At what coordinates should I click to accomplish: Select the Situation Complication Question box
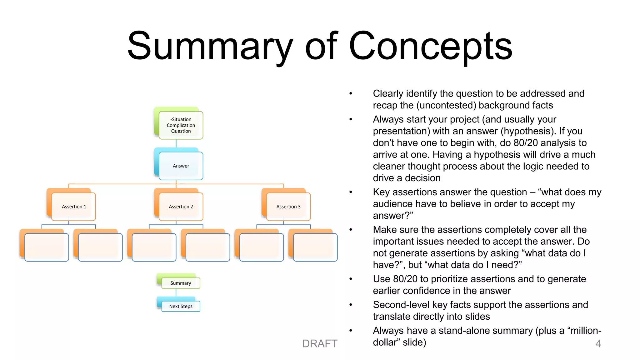point(181,125)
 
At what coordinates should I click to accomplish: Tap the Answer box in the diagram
point(181,166)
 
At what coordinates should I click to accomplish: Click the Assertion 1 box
point(74,207)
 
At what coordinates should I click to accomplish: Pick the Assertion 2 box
point(181,207)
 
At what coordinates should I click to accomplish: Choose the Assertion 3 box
point(288,207)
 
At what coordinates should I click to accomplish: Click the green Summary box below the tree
point(181,283)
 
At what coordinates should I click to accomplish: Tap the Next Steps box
point(181,306)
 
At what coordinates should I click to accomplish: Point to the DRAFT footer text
point(320,344)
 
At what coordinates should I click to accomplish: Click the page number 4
point(598,344)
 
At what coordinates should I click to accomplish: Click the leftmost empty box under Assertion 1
point(46,247)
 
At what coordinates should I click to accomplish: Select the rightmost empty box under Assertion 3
point(315,247)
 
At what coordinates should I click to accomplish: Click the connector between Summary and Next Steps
point(176,293)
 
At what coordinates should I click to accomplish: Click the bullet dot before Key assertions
point(351,192)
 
